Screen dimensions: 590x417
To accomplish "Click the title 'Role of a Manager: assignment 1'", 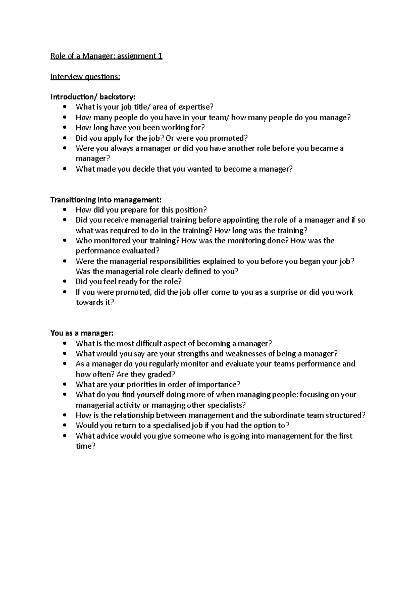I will click(x=106, y=56).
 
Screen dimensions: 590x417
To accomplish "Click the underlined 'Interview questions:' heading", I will click(x=85, y=76).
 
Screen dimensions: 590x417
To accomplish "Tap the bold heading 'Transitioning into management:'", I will click(x=106, y=199).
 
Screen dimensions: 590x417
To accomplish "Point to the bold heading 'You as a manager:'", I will click(x=82, y=333).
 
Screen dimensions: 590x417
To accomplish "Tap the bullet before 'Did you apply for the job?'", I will click(x=65, y=138).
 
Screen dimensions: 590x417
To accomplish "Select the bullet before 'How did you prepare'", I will click(x=65, y=210).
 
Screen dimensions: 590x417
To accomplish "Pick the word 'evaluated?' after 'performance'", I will click(x=140, y=251).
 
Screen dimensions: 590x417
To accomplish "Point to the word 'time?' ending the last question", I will click(x=85, y=446).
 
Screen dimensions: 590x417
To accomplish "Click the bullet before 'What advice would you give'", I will click(x=65, y=436).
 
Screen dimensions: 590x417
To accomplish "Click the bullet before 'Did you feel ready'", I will click(x=65, y=281).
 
